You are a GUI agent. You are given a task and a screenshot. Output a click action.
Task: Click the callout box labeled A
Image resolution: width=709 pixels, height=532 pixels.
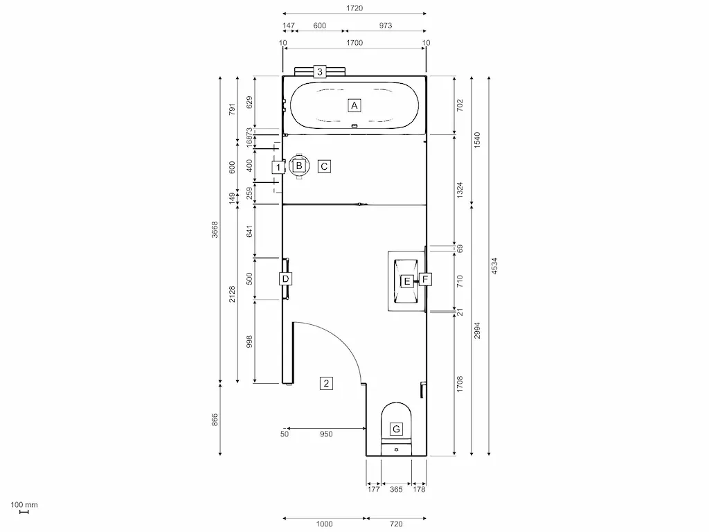pos(354,105)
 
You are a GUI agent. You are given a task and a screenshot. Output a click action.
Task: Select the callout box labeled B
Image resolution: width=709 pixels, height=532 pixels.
pos(299,166)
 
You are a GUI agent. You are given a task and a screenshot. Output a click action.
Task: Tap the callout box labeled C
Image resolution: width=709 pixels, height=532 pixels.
pos(324,166)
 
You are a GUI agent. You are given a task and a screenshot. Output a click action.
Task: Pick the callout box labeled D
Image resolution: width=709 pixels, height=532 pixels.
pos(285,278)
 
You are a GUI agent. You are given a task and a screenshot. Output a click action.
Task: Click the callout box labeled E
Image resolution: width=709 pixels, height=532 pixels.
pos(407,281)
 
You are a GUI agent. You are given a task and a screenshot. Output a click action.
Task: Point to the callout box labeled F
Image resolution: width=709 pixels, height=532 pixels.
pos(425,280)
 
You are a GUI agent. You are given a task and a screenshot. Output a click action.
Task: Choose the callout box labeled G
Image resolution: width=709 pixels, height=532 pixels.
pos(396,429)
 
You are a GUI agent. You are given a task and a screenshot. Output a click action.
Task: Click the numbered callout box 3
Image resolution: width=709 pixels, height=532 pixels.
pos(319,71)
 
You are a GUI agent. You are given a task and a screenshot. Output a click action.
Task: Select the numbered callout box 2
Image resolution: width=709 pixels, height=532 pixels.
pos(326,382)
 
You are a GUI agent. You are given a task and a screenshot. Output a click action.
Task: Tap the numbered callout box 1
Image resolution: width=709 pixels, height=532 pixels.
pos(278,167)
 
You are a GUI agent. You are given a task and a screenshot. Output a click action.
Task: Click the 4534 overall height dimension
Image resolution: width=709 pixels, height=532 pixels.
pos(494,267)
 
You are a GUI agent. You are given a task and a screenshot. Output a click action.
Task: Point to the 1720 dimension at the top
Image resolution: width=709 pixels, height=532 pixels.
pos(354,8)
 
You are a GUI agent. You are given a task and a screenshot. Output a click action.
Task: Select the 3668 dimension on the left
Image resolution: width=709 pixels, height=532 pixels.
pos(215,230)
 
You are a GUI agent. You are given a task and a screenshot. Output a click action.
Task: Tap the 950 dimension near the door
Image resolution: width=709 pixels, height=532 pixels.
pos(326,434)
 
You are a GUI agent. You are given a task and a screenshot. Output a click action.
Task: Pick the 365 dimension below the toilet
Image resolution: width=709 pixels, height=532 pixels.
pos(396,490)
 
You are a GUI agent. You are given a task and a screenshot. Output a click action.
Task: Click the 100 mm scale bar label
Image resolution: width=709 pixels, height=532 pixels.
pos(24,505)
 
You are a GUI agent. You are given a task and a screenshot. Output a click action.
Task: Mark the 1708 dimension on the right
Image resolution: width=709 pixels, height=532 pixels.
pos(460,383)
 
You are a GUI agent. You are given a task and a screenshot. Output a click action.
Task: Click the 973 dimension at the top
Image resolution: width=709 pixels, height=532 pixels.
pos(385,26)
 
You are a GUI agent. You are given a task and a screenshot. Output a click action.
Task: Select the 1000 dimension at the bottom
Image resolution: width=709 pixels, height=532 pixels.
pos(324,524)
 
